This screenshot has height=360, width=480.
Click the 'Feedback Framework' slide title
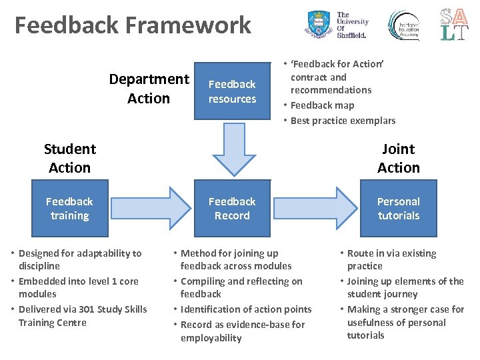coord(133,26)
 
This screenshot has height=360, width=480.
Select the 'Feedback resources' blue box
coord(232,91)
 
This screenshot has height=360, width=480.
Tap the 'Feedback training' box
coord(69,208)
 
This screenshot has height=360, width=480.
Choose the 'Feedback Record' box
coord(232,208)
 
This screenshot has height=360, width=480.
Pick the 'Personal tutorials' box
coord(398,208)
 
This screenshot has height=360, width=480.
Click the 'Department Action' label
coord(149,89)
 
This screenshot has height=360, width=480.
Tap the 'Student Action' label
coord(69,158)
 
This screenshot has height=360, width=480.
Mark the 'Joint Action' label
coord(398,158)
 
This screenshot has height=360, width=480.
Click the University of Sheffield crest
coord(318,25)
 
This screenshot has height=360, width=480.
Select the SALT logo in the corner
coord(453,25)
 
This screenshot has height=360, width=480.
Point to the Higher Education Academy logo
coord(404,25)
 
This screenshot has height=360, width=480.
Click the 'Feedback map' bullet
coord(322,105)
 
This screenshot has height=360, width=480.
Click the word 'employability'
coord(211,338)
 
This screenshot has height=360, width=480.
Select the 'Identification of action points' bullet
coord(245,309)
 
